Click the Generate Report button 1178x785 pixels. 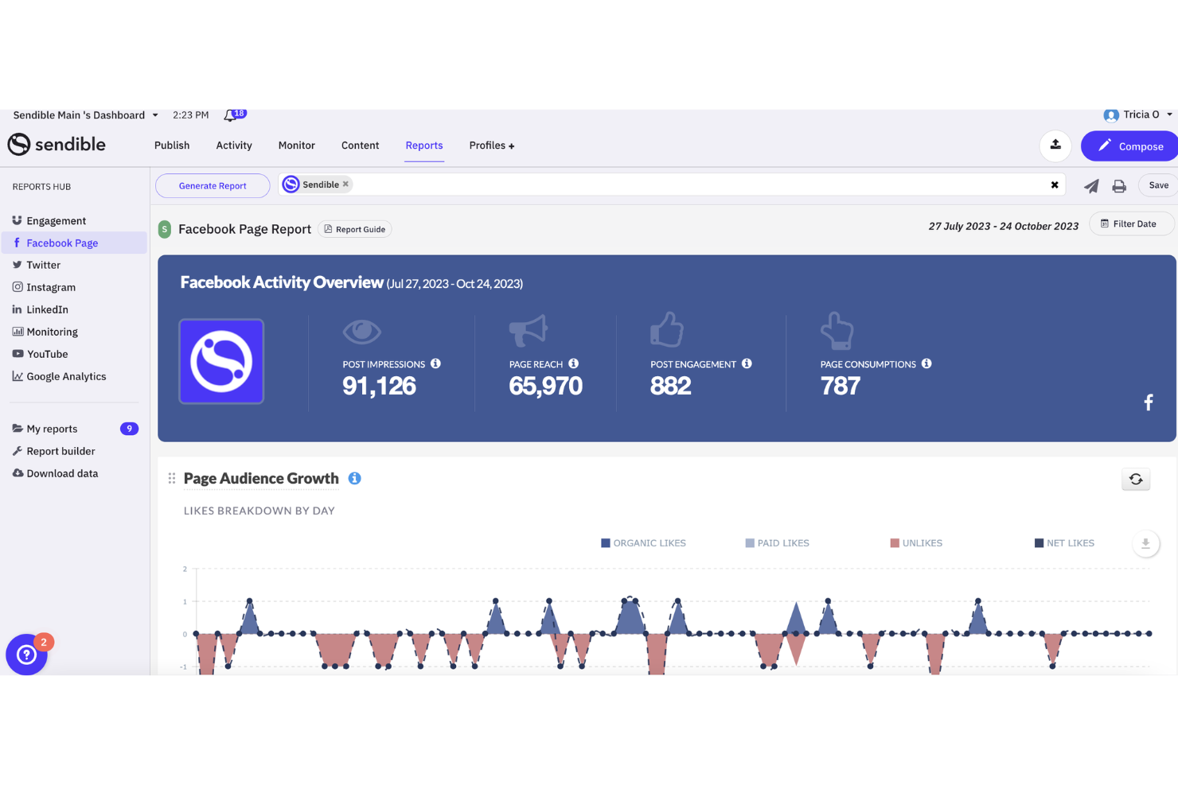coord(213,186)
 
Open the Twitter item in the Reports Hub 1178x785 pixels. coord(43,265)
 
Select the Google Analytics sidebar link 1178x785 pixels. coord(66,376)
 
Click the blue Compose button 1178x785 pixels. coord(1131,146)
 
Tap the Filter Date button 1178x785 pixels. coord(1130,224)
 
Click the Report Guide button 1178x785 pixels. coord(355,230)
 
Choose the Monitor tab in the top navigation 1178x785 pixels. coord(296,146)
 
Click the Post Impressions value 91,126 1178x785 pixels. coord(379,387)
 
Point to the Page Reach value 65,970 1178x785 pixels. coord(545,387)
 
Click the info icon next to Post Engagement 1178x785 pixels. coord(747,363)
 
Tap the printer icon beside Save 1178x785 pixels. coord(1119,186)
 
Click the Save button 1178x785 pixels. coord(1158,185)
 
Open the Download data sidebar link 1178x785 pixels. coord(62,473)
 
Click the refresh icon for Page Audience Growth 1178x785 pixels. coord(1136,480)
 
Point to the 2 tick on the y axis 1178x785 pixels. coord(185,569)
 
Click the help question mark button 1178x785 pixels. coord(26,655)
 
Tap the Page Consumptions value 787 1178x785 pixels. coord(840,387)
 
